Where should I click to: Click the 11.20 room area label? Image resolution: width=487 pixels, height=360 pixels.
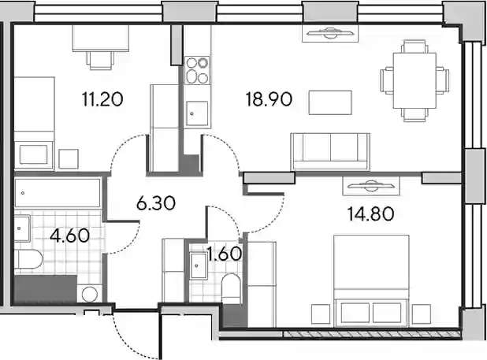[102, 99]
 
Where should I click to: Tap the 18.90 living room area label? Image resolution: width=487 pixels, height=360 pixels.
[269, 99]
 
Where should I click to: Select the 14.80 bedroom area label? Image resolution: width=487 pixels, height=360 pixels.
[370, 214]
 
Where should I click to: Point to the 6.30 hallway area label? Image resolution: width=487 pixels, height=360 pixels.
[156, 203]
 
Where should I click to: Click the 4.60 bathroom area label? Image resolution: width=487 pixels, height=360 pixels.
[70, 236]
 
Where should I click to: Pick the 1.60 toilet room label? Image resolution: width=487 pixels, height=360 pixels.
[225, 254]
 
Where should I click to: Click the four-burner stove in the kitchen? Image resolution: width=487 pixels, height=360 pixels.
[197, 70]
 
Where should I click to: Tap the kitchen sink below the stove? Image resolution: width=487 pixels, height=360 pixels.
[197, 113]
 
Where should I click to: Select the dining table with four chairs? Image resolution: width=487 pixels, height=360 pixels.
[415, 80]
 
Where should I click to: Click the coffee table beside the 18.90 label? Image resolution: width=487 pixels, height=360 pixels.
[330, 102]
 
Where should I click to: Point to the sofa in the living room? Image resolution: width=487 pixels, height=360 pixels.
[330, 152]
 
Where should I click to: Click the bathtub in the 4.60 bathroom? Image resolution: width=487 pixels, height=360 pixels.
[58, 193]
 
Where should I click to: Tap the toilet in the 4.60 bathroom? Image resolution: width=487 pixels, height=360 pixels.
[28, 260]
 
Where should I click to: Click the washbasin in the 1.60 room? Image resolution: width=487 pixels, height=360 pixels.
[199, 265]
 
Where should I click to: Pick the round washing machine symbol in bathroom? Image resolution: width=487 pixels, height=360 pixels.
[90, 293]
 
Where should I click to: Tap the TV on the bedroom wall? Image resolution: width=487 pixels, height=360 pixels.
[371, 186]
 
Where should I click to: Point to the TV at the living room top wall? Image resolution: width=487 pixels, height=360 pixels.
[330, 33]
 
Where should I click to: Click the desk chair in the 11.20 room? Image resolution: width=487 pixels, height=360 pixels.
[100, 60]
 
